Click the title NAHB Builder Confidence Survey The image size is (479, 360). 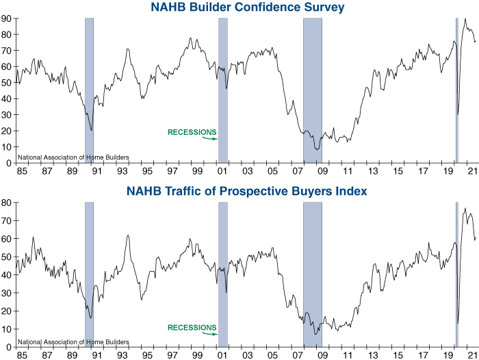[x=247, y=8]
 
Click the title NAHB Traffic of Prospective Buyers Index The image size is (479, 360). [x=247, y=191]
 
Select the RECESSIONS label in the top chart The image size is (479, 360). [x=192, y=132]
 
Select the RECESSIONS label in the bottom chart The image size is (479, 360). [x=192, y=327]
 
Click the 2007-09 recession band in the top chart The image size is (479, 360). [x=312, y=89]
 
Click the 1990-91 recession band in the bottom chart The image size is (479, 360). [x=89, y=274]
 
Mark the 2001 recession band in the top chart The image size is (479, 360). [x=222, y=89]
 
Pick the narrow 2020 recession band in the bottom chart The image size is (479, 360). [x=456, y=274]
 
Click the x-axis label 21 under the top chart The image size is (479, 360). [x=473, y=171]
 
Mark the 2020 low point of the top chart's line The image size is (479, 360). [x=458, y=114]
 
